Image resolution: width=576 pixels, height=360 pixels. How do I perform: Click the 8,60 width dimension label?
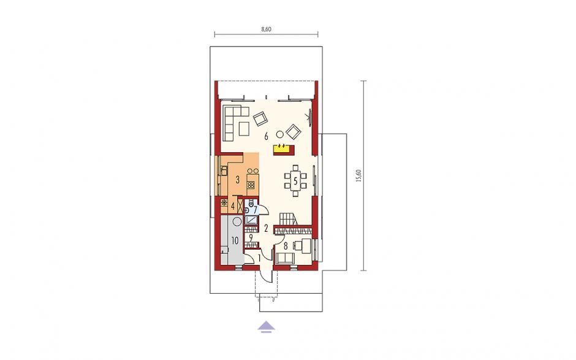pos(267,29)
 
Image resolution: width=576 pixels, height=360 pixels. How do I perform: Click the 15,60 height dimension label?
pos(359,175)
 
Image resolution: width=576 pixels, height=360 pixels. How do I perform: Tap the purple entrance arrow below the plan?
pos(266,327)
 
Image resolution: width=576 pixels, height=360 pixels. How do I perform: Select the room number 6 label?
pos(267,136)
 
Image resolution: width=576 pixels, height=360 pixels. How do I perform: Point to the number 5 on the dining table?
pos(295,181)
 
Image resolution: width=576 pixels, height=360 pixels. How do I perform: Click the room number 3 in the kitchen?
pos(238,180)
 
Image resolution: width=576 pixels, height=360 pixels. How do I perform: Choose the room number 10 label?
pos(235,241)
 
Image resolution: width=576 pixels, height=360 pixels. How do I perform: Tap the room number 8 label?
pos(286,246)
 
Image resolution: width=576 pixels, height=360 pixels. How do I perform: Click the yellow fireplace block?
pos(284,148)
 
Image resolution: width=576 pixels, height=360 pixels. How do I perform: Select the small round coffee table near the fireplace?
pos(280,134)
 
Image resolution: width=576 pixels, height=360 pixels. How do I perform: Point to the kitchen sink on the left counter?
pos(223,170)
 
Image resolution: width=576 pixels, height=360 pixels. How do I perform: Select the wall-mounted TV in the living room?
pos(311,117)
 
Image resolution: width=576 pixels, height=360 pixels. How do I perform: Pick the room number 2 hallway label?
pos(267,228)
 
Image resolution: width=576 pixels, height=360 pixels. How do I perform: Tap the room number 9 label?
pos(251,237)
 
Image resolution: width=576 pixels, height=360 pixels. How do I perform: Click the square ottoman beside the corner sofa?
pos(244,128)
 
